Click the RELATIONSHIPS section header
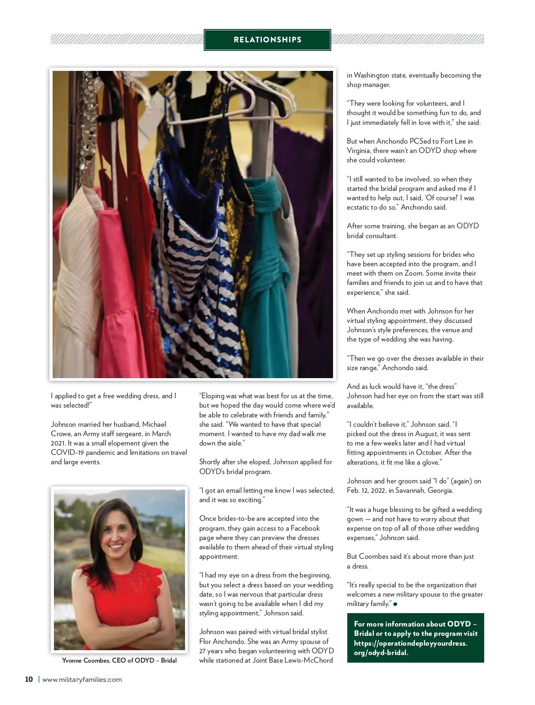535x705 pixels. coord(267,40)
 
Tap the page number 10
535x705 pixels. coord(29,680)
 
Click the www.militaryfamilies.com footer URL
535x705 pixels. coord(82,680)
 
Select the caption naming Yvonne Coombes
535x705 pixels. coord(119,660)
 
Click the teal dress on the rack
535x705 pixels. coord(264,250)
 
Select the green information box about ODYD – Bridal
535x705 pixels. coord(415,638)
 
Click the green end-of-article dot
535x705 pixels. coord(395,604)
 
